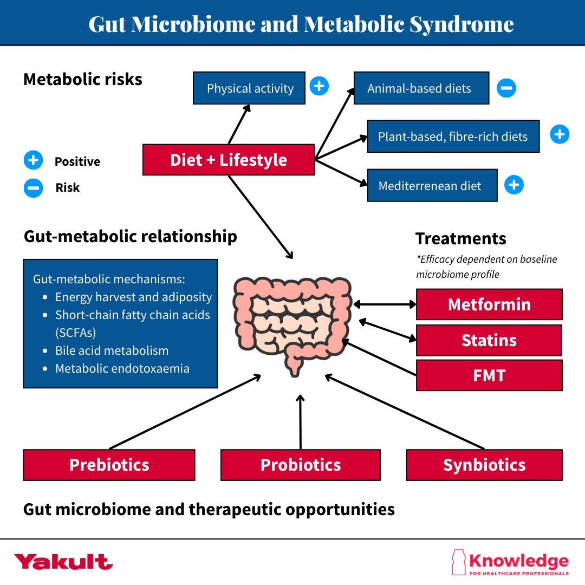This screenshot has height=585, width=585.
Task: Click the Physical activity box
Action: tap(249, 88)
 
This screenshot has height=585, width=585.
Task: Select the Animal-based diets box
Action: tap(421, 88)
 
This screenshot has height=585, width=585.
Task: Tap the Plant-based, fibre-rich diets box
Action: tap(453, 136)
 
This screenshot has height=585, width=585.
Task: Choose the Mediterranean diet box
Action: tap(432, 186)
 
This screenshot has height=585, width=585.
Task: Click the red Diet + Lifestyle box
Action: tap(228, 160)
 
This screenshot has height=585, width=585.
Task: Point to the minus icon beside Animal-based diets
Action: tap(506, 88)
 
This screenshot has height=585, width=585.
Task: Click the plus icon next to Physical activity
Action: tap(319, 86)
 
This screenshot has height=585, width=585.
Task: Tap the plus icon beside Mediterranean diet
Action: tap(513, 185)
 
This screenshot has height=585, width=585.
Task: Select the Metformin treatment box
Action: tap(489, 304)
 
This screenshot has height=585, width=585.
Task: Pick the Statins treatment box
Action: tap(489, 340)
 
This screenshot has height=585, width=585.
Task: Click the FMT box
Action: tap(489, 375)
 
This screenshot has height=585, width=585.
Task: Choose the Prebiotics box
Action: tap(109, 465)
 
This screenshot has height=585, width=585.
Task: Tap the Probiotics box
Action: tap(301, 465)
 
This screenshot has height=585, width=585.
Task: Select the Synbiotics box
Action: tap(484, 465)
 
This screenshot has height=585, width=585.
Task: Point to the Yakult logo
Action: tap(63, 562)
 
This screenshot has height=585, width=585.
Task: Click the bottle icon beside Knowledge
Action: tap(458, 562)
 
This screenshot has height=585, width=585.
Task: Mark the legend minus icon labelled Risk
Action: tap(33, 188)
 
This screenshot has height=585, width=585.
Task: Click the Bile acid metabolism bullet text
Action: tap(112, 350)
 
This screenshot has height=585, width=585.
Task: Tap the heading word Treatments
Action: tap(460, 238)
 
